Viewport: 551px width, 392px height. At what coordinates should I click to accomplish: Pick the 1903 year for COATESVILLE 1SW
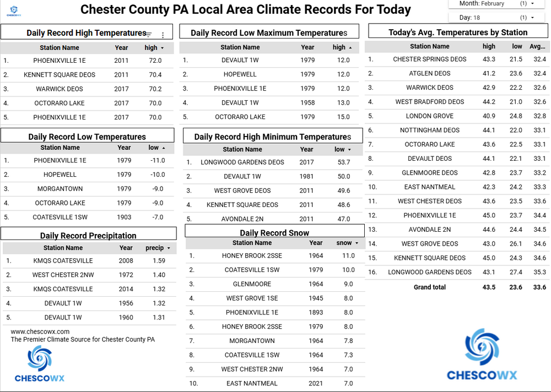(124, 217)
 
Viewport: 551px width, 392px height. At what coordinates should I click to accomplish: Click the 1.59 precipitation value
(159, 261)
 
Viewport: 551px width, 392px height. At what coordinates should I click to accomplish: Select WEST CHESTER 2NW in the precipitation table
(63, 275)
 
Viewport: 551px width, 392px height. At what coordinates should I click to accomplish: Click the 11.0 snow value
(348, 256)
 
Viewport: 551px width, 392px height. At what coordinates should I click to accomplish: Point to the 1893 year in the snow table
(316, 313)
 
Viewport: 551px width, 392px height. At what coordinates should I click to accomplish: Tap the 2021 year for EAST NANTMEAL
(316, 384)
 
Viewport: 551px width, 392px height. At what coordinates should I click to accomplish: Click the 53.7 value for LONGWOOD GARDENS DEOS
(343, 162)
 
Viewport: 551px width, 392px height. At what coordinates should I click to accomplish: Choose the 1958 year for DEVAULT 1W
(307, 103)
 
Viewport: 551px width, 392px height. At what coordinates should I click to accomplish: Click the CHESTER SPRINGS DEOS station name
(430, 59)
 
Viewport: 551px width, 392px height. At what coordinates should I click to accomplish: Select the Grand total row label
(430, 287)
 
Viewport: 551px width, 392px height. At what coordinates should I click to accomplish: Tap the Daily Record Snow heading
(274, 233)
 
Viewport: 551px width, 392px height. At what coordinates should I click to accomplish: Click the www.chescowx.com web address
(40, 331)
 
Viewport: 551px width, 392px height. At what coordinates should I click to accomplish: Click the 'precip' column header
(155, 248)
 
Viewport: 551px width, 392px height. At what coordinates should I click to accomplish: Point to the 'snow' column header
(344, 243)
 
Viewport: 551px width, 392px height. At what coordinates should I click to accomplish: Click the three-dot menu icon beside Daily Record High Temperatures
(163, 35)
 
